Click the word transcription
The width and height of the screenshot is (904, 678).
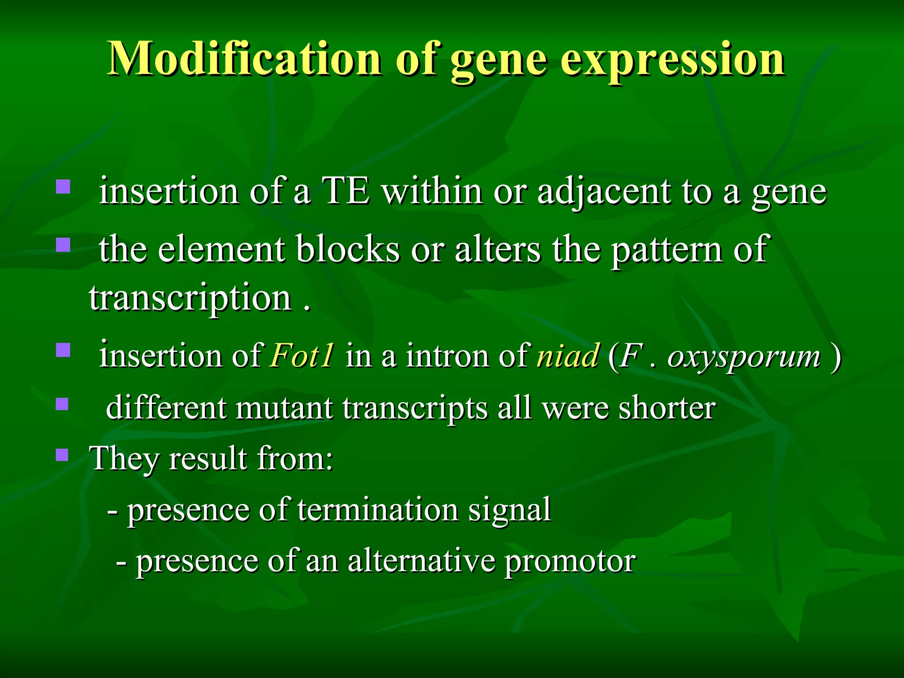point(190,298)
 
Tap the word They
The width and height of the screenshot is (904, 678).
point(124,459)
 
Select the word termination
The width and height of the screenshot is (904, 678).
point(378,510)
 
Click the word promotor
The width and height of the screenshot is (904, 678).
point(570,561)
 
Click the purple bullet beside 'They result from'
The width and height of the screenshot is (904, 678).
point(63,455)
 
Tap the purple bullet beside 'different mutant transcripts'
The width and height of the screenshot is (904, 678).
point(63,404)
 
